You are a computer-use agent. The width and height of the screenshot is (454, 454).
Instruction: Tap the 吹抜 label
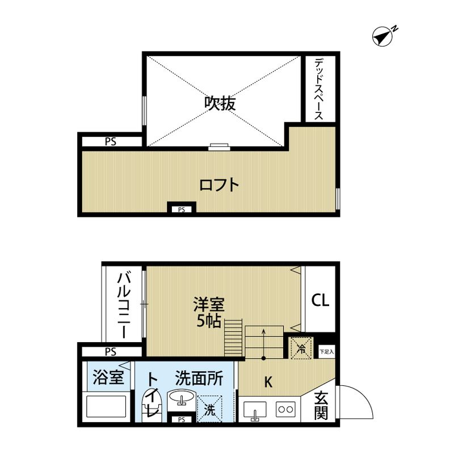click(x=220, y=103)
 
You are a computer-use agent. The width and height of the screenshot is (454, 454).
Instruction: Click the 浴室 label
click(x=107, y=377)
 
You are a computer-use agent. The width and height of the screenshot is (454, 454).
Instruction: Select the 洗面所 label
click(x=199, y=377)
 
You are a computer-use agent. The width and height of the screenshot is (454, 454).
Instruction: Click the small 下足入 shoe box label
click(x=326, y=352)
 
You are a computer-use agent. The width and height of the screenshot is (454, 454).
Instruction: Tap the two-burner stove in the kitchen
click(x=285, y=409)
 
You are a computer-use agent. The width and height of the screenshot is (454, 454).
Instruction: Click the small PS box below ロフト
click(x=182, y=209)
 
